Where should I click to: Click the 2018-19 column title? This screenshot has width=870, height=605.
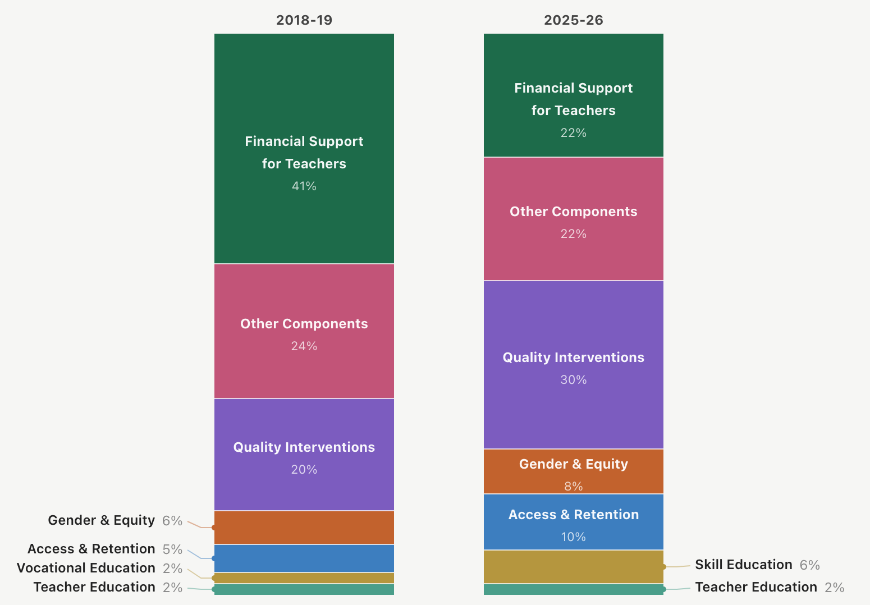pyautogui.click(x=304, y=20)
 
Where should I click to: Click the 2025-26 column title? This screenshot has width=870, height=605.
pyautogui.click(x=574, y=20)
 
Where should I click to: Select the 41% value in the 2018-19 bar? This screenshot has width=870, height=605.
pyautogui.click(x=304, y=186)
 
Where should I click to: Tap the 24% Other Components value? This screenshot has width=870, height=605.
pyautogui.click(x=304, y=346)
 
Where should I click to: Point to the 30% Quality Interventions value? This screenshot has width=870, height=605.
pyautogui.click(x=574, y=380)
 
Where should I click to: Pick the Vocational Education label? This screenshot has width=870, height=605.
pyautogui.click(x=86, y=568)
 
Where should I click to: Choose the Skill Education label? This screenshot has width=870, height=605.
pyautogui.click(x=744, y=565)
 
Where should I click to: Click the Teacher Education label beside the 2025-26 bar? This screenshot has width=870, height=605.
pyautogui.click(x=756, y=587)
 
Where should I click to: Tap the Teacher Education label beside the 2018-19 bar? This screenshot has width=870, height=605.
pyautogui.click(x=94, y=587)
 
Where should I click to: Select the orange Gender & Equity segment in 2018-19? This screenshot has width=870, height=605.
pyautogui.click(x=304, y=528)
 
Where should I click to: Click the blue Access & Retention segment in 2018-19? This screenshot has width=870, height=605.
pyautogui.click(x=304, y=558)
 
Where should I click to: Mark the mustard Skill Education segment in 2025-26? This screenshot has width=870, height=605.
pyautogui.click(x=574, y=567)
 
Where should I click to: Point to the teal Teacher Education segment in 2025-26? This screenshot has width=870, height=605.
pyautogui.click(x=574, y=589)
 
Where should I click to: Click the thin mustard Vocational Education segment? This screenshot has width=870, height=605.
pyautogui.click(x=304, y=578)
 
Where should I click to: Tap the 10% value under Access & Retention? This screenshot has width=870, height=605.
pyautogui.click(x=574, y=537)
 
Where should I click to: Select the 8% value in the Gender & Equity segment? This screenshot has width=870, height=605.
pyautogui.click(x=574, y=486)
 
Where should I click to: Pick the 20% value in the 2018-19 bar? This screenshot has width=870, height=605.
pyautogui.click(x=304, y=470)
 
